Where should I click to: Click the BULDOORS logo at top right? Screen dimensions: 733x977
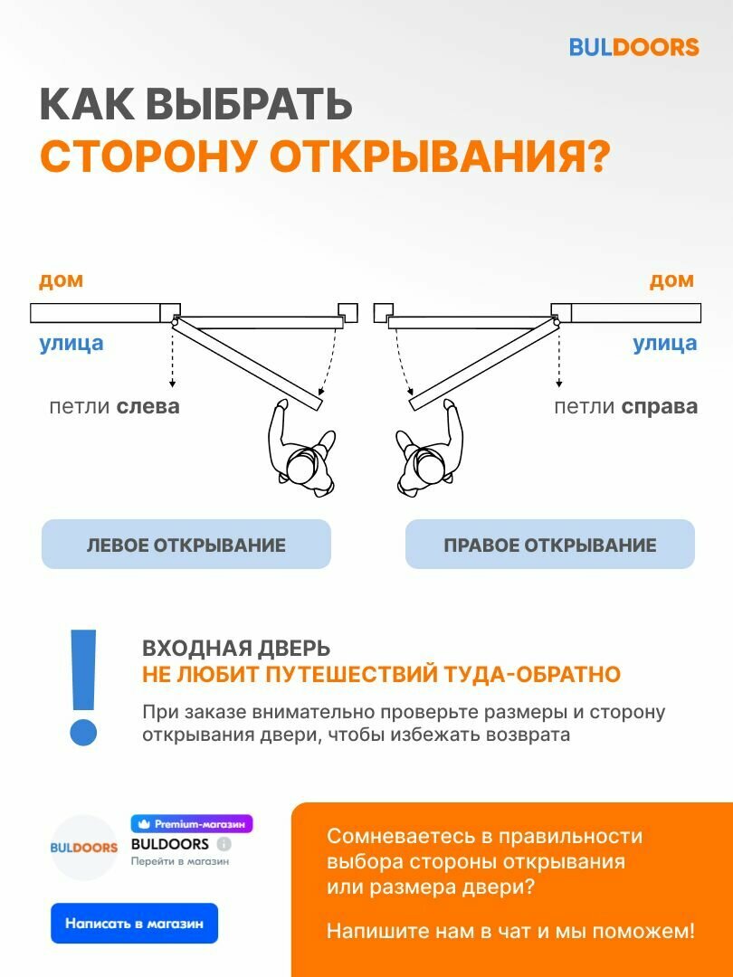pos(633,47)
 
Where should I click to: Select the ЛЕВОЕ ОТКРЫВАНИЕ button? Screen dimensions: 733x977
pos(186,545)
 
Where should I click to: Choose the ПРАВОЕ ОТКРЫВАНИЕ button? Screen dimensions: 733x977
pos(549,545)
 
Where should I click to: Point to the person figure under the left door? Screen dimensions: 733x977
pos(303,451)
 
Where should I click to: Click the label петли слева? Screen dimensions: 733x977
pos(114,406)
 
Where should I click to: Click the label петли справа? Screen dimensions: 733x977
pos(625,406)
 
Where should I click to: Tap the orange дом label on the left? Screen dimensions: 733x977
pos(61,280)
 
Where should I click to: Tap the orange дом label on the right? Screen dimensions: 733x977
pos(671,280)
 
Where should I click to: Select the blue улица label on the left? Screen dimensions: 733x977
pos(71,343)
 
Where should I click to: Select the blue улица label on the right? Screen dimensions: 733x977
pos(664,343)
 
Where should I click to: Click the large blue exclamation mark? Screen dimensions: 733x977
pos(83,688)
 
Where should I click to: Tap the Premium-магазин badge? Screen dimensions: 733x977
pos(192,824)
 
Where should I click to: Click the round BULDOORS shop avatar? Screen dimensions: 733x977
pos(83,848)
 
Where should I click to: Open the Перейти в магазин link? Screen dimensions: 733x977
pos(180,861)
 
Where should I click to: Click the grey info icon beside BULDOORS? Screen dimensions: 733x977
pos(224,844)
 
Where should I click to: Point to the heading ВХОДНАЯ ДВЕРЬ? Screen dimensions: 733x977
pos(236,649)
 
